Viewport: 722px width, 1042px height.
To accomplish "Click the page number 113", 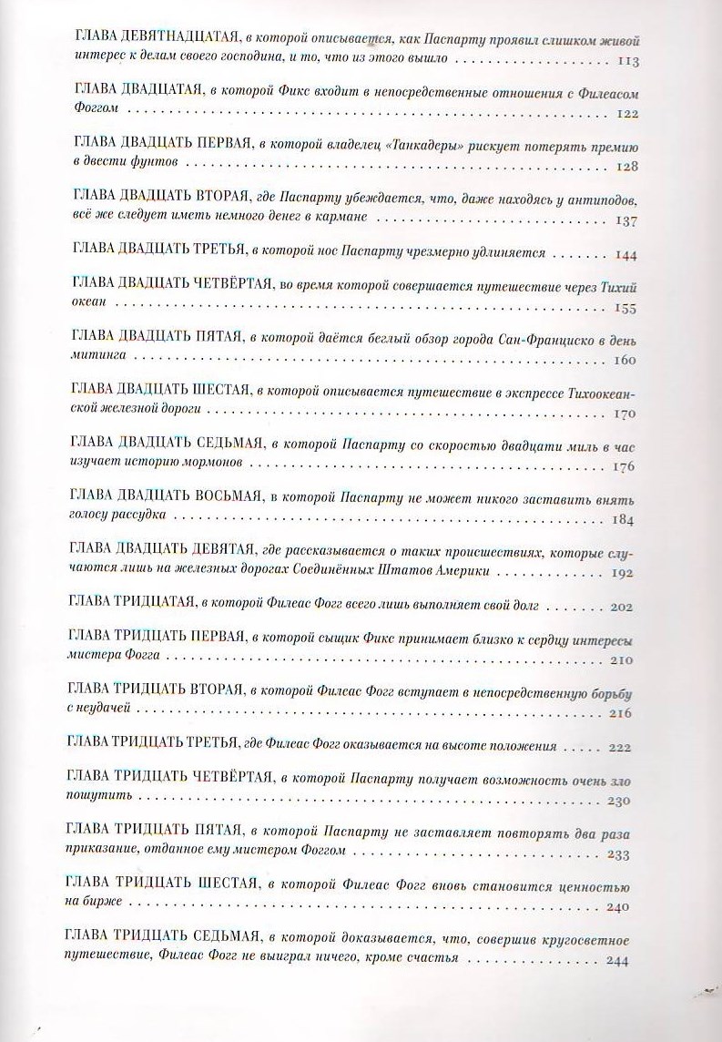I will [628, 62].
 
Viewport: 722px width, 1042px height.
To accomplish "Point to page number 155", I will [627, 309].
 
